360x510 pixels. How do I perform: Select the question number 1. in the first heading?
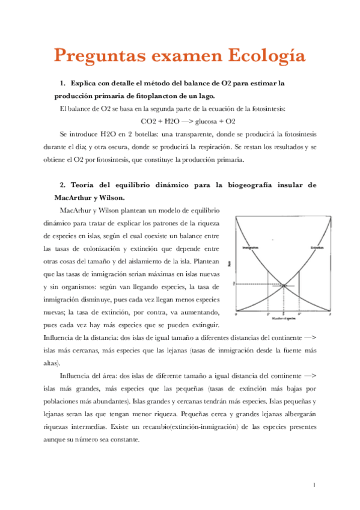tap(63, 82)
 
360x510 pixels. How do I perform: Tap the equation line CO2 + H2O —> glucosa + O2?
tap(179, 121)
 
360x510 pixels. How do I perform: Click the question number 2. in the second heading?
tap(63, 185)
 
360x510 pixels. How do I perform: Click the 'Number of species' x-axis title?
tap(284, 318)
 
